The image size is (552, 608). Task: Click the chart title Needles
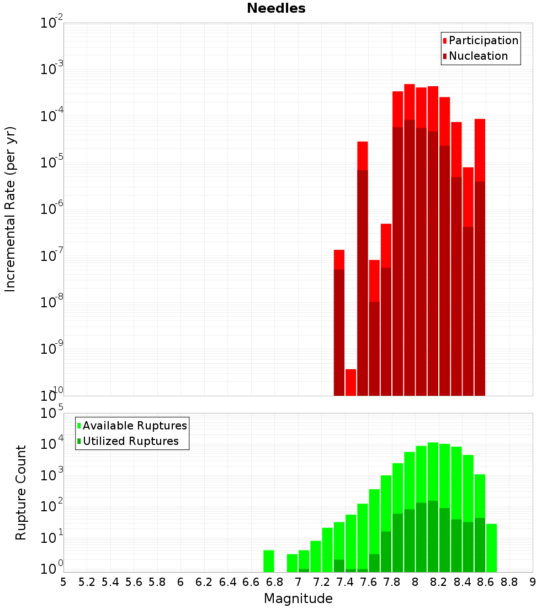276,8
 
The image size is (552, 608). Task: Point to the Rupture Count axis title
21,492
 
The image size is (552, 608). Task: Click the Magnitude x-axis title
298,599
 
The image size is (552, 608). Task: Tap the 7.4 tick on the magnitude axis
345,581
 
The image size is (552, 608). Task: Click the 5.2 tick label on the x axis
87,581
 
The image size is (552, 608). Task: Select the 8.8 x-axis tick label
509,581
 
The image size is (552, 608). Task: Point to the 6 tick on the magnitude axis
181,581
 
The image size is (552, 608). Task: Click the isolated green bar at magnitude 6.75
269,561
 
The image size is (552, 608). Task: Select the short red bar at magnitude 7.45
351,382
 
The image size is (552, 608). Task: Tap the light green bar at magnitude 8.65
491,548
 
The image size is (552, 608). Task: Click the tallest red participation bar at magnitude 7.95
409,102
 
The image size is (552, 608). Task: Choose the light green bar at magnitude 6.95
292,563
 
